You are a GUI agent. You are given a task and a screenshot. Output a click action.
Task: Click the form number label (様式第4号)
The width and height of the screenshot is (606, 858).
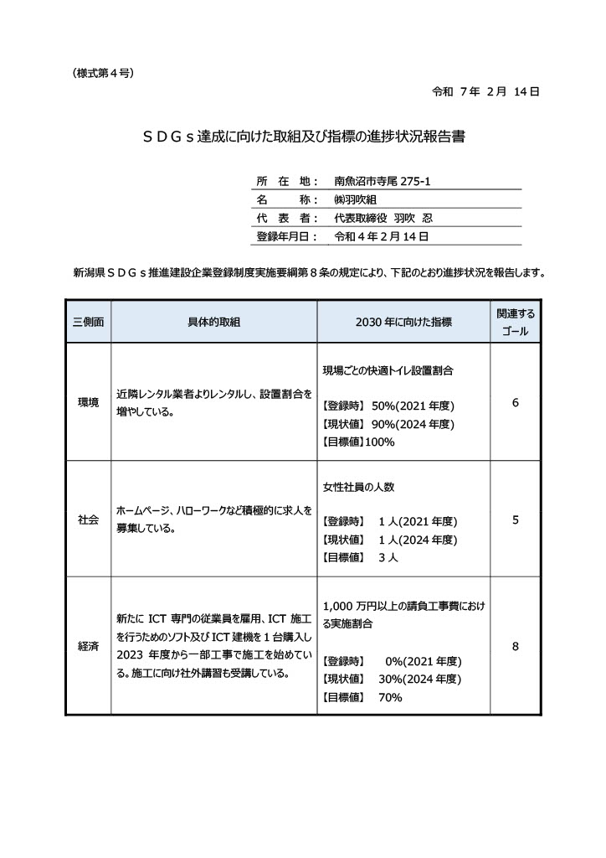(x=104, y=73)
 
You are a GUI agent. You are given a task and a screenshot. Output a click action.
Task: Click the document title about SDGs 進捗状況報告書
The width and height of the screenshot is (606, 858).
(x=302, y=137)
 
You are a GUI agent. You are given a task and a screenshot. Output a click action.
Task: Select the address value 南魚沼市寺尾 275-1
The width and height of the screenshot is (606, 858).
(x=381, y=180)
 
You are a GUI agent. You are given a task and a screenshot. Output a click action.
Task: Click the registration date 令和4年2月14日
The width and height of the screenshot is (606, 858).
(x=381, y=237)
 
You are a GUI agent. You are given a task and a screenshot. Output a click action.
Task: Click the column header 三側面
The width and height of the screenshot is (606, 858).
(x=88, y=322)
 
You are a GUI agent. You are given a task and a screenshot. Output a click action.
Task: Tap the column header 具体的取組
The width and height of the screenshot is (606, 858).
(x=214, y=322)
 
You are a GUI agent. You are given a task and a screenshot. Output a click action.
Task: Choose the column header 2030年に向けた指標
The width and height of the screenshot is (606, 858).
(x=403, y=322)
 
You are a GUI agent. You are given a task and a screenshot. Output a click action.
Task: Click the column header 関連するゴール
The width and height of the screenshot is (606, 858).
(x=515, y=322)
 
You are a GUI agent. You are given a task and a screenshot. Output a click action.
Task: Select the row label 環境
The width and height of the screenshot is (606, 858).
(x=88, y=402)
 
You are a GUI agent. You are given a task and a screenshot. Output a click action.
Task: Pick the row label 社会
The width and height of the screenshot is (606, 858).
(x=88, y=519)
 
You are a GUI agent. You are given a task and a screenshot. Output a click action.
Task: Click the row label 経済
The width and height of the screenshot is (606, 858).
(x=88, y=646)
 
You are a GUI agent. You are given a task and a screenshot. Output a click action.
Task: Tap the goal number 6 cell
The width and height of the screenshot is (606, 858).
(x=515, y=403)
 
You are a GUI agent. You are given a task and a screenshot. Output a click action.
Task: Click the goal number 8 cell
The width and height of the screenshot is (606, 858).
(x=515, y=646)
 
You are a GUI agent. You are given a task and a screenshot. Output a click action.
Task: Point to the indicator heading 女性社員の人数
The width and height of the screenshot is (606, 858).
(x=358, y=486)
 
